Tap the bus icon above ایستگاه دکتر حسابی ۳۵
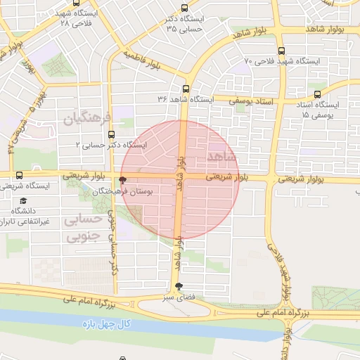click(184, 8)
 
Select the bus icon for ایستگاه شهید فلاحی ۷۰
click(282, 51)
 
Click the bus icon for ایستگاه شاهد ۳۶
click(186, 89)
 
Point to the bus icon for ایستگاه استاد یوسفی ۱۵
click(318, 94)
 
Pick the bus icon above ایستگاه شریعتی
click(18, 176)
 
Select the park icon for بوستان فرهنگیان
click(124, 180)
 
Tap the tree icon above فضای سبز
click(179, 286)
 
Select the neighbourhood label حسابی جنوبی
click(83, 229)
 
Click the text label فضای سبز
click(179, 298)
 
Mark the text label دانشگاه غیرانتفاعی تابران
click(28, 216)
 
